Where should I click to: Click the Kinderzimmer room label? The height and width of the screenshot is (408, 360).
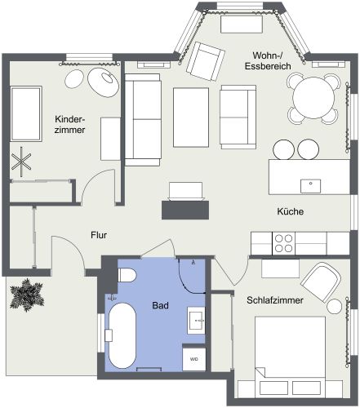coord(71,123)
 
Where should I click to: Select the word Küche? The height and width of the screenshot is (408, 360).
coord(290,211)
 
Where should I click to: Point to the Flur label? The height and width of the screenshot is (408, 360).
coord(99,235)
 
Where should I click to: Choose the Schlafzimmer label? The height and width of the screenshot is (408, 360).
coord(275,301)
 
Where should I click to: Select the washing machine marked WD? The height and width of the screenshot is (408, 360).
coord(194,357)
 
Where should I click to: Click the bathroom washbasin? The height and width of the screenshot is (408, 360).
coord(196,319)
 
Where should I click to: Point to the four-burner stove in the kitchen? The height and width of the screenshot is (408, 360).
coord(284,242)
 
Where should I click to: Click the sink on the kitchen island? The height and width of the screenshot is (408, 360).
coord(310,184)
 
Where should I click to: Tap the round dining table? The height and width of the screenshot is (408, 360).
coord(313,98)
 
